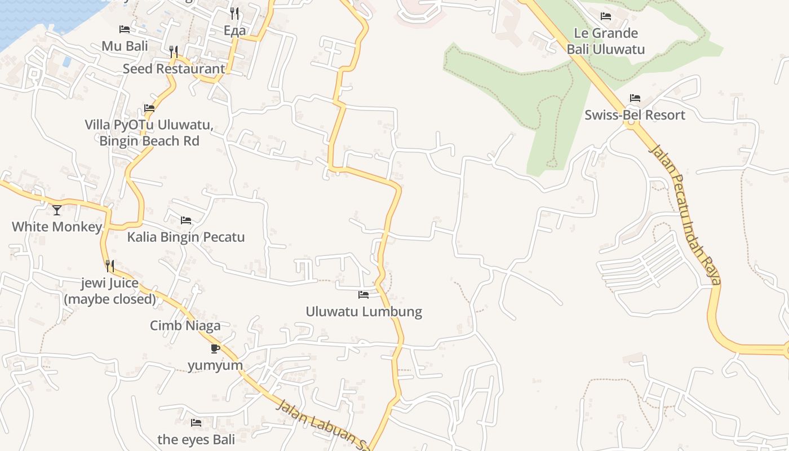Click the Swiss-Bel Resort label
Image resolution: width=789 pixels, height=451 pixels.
(635, 115)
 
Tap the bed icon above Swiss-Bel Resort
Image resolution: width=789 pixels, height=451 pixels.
(635, 98)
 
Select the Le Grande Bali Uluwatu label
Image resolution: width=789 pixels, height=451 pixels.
(606, 41)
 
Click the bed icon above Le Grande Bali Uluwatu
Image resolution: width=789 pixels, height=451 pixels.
(606, 16)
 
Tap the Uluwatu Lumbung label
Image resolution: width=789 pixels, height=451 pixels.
(364, 312)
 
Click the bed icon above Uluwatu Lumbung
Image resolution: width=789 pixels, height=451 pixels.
(364, 295)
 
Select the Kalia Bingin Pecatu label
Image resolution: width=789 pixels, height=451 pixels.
(186, 237)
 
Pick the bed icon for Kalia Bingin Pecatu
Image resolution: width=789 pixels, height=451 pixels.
(186, 220)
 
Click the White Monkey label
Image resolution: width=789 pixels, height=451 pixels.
(57, 227)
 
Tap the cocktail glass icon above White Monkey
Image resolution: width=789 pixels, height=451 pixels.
(57, 210)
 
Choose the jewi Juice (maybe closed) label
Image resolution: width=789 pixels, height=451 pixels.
(110, 291)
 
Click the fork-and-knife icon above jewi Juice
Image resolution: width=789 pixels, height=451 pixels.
(110, 266)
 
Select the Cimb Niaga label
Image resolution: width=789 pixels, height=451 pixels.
(185, 326)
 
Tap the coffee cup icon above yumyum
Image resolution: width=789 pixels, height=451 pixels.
(215, 348)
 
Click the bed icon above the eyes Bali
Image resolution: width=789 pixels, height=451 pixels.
(196, 423)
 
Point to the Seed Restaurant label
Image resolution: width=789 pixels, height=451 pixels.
(174, 69)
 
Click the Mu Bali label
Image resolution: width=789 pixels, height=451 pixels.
(125, 46)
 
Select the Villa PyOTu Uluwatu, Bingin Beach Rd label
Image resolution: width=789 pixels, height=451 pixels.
(149, 132)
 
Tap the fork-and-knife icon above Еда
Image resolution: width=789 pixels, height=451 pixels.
(235, 14)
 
